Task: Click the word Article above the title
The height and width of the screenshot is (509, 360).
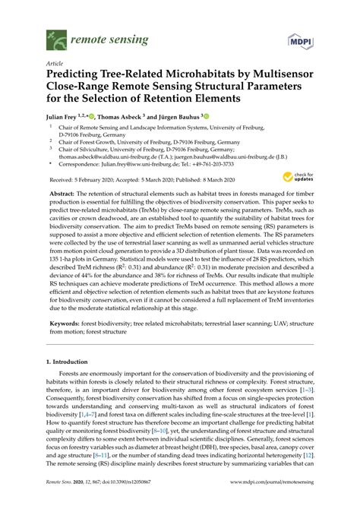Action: tap(55, 65)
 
